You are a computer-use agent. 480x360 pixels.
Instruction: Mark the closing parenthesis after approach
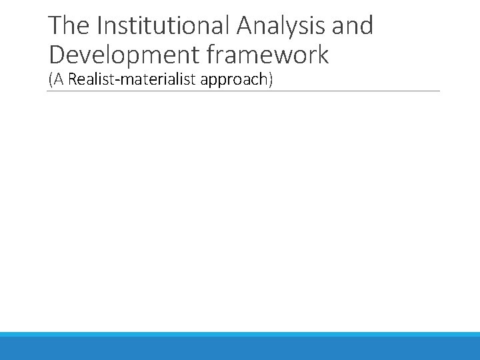pos(271,80)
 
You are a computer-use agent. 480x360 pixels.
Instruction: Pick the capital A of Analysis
pos(242,26)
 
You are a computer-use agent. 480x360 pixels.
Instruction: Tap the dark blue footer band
pos(240,349)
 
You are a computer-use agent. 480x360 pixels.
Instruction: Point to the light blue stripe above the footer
pos(240,335)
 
